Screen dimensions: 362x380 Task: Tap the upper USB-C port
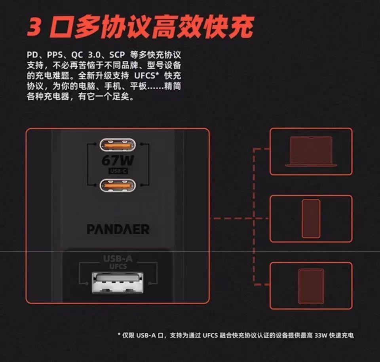tap(117, 145)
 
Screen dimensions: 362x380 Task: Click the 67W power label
tap(117, 160)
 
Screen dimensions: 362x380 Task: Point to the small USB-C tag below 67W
tap(117, 171)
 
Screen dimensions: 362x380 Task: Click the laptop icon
tap(311, 151)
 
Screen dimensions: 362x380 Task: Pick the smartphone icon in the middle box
tap(311, 219)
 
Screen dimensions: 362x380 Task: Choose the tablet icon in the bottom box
tap(311, 286)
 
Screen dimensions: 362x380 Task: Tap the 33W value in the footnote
tap(318, 335)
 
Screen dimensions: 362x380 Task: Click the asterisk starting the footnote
tap(119, 335)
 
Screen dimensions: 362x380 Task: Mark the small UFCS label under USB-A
tap(118, 266)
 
